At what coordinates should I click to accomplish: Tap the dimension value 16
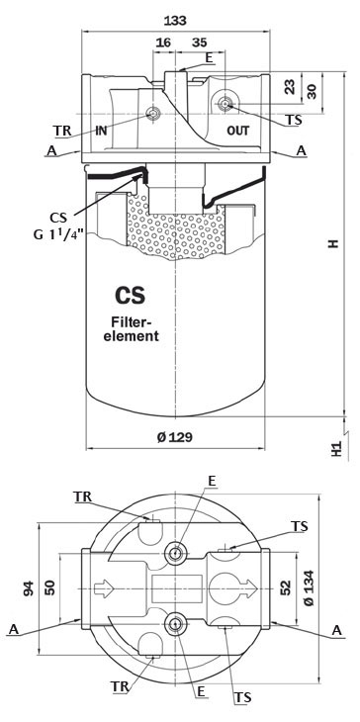(163, 45)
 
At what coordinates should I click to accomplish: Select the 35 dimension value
(200, 45)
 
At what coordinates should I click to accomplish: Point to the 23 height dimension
(289, 86)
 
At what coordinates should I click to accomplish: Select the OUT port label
(238, 130)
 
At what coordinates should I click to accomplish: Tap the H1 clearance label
(336, 447)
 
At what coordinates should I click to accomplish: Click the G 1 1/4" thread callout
(69, 233)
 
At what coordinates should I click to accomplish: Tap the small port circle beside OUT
(225, 104)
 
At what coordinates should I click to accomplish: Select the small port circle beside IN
(153, 114)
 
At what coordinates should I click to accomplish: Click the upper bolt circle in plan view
(178, 551)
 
